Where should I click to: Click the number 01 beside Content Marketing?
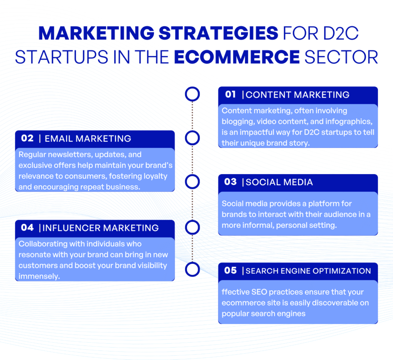(230, 94)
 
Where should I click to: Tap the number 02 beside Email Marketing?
(27, 138)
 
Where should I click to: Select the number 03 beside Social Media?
(230, 182)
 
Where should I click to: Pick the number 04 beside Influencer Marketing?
(27, 228)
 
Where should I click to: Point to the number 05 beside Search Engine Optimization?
(230, 271)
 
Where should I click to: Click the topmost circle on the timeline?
(192, 94)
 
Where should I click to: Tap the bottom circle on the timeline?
(192, 269)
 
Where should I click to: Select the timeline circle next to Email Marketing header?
(192, 138)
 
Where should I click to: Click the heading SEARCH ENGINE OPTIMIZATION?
(308, 271)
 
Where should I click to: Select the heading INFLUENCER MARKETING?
(101, 228)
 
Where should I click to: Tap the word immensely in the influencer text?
(39, 276)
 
